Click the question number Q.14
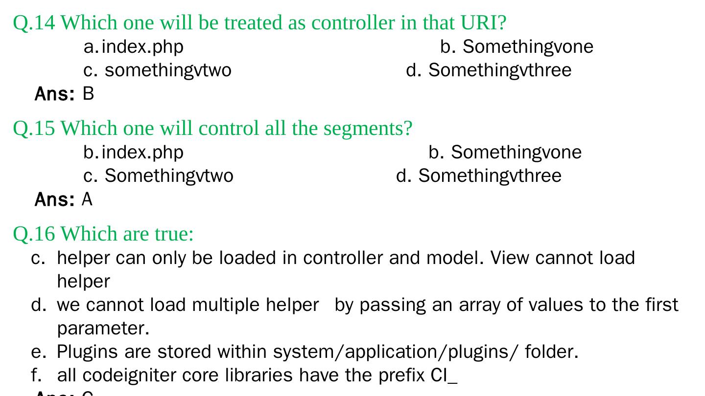(x=34, y=22)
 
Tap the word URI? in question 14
(x=483, y=22)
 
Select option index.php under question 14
(x=142, y=47)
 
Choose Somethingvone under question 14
(x=528, y=47)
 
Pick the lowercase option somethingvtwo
(x=168, y=70)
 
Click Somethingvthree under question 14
(x=499, y=70)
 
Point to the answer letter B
(x=88, y=93)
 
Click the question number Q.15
(x=34, y=128)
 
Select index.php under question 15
(x=142, y=153)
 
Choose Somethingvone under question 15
(x=516, y=153)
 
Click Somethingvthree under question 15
(x=490, y=176)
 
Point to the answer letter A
(x=87, y=199)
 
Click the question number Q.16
(x=34, y=234)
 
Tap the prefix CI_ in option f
(x=444, y=375)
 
